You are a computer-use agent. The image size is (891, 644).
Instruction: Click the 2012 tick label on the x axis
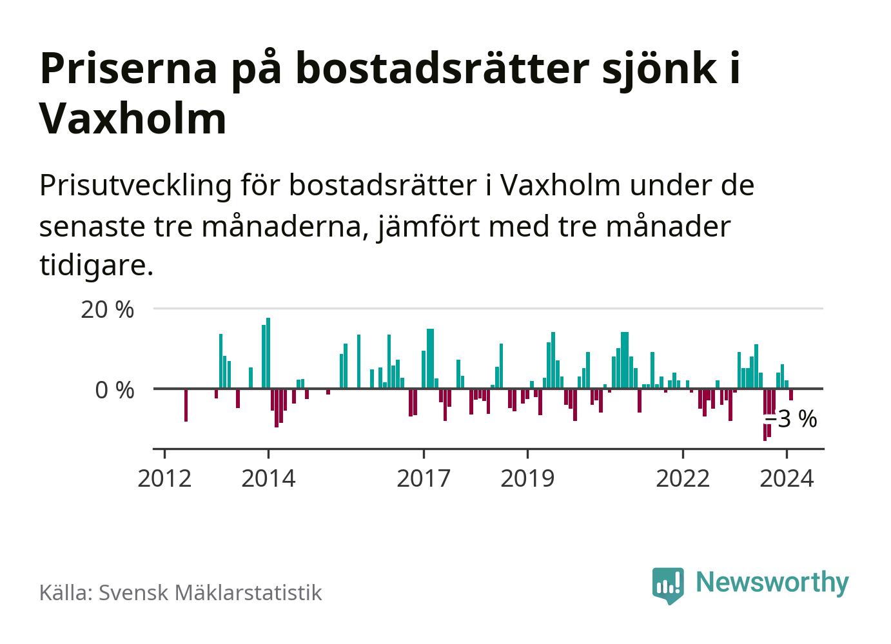pyautogui.click(x=164, y=479)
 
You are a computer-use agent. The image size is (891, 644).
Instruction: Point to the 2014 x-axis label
pyautogui.click(x=268, y=479)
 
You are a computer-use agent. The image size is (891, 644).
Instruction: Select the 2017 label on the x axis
pyautogui.click(x=424, y=479)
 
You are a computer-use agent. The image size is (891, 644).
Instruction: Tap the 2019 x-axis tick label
pyautogui.click(x=527, y=479)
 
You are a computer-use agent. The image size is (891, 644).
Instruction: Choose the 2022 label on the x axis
pyautogui.click(x=682, y=479)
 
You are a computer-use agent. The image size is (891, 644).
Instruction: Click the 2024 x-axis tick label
pyautogui.click(x=787, y=479)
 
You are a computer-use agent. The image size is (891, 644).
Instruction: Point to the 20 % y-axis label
pyautogui.click(x=107, y=309)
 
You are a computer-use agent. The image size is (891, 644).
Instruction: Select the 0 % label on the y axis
pyautogui.click(x=114, y=390)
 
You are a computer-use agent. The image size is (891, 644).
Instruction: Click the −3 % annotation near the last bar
pyautogui.click(x=791, y=420)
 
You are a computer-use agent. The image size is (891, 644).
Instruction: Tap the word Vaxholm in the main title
pyautogui.click(x=133, y=119)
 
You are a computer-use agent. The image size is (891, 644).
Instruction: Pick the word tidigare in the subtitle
pyautogui.click(x=96, y=266)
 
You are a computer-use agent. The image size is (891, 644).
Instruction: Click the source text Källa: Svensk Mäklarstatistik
pyautogui.click(x=181, y=592)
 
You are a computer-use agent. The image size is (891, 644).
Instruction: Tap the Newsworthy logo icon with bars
pyautogui.click(x=668, y=585)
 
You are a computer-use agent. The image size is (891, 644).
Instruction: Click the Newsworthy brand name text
pyautogui.click(x=772, y=582)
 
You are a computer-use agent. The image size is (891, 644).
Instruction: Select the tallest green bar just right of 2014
pyautogui.click(x=268, y=353)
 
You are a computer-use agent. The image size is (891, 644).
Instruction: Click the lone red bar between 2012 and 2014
pyautogui.click(x=186, y=405)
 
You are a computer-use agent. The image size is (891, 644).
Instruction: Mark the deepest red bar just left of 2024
pyautogui.click(x=765, y=415)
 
